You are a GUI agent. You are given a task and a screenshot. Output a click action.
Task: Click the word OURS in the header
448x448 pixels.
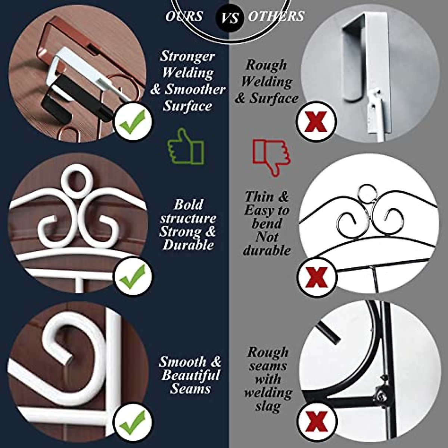point(184,16)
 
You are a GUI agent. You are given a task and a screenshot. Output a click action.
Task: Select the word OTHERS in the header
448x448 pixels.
point(276,16)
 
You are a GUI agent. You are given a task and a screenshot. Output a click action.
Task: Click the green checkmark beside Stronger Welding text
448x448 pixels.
point(133,122)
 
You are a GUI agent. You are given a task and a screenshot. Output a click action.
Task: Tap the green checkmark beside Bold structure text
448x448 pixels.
point(133,277)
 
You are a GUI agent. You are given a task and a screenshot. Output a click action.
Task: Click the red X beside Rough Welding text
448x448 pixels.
point(316,121)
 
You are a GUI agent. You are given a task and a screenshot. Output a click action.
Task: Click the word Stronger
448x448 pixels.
point(187,56)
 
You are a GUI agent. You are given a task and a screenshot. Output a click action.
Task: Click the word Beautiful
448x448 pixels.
point(191,375)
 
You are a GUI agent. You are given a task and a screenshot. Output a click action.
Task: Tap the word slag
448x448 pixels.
point(267,406)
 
